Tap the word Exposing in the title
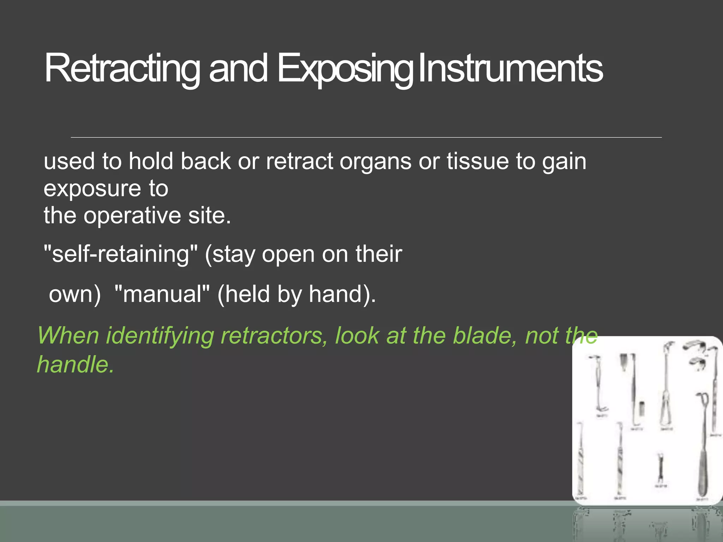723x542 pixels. pyautogui.click(x=344, y=68)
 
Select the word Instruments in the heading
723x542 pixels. pyautogui.click(x=510, y=68)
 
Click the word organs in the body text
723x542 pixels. pyautogui.click(x=375, y=162)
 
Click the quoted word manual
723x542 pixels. pyautogui.click(x=162, y=294)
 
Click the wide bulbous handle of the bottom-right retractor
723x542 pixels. pyautogui.click(x=703, y=473)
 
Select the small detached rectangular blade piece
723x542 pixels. pyautogui.click(x=642, y=408)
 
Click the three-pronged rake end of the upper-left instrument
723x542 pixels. pyautogui.click(x=602, y=409)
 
